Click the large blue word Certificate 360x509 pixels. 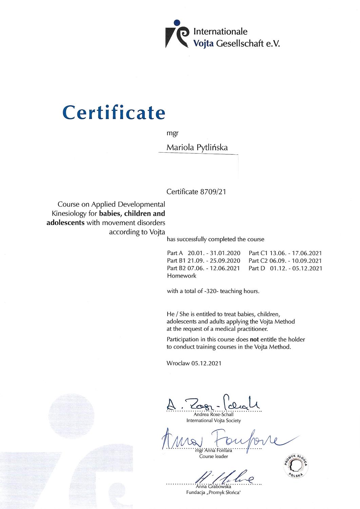pyautogui.click(x=114, y=112)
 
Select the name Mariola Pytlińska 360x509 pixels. pyautogui.click(x=197, y=148)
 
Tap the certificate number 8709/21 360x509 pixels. pyautogui.click(x=212, y=192)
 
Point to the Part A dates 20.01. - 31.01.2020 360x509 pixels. pyautogui.click(x=214, y=253)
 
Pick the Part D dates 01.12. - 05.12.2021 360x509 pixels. pyautogui.click(x=296, y=268)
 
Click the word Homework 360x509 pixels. pyautogui.click(x=182, y=276)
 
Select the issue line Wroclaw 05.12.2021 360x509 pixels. pyautogui.click(x=194, y=363)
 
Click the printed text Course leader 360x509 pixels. pyautogui.click(x=213, y=456)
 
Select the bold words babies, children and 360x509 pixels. pyautogui.click(x=132, y=214)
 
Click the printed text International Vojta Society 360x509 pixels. pyautogui.click(x=213, y=421)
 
